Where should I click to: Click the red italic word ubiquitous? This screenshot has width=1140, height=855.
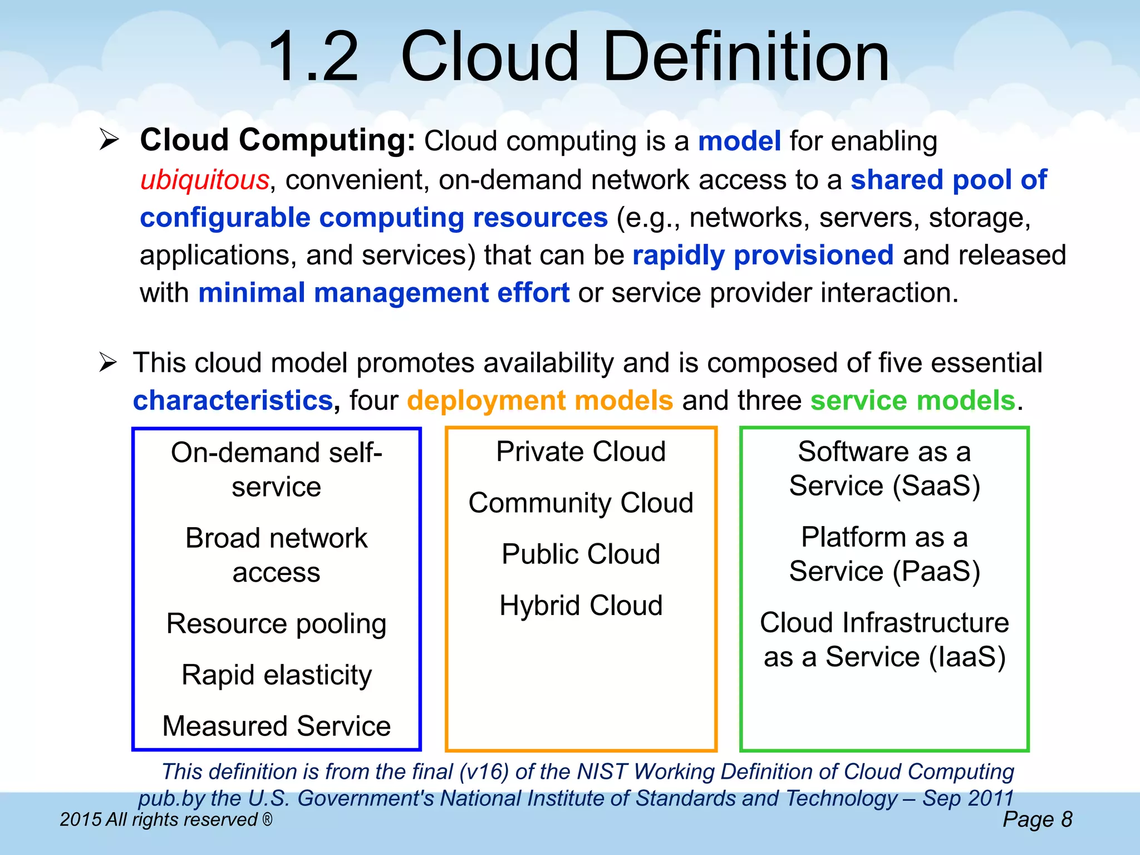coord(205,180)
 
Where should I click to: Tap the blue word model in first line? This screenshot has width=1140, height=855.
coord(739,141)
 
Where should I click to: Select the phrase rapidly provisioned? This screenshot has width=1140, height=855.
coord(763,255)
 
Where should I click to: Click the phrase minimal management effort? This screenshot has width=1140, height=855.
coord(384,293)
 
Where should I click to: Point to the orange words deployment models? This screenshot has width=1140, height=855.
coord(540,401)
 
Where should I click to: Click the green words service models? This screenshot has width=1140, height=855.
coord(913,401)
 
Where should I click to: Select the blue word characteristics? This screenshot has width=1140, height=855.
coord(233,401)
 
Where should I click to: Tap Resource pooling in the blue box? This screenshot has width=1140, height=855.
coord(276,623)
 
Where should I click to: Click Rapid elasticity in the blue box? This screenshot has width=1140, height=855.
coord(277,675)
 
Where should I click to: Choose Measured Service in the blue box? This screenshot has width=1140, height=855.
coord(277,726)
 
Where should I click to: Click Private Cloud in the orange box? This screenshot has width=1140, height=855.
coord(581,451)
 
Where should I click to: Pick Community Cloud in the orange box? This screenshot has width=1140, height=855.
coord(581,503)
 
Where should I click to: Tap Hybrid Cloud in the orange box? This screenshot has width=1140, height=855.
coord(581,606)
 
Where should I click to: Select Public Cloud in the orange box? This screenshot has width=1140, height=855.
coord(581,554)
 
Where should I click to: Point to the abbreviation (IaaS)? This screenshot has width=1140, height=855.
coord(967,657)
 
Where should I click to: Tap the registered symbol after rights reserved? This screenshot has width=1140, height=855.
coord(267,819)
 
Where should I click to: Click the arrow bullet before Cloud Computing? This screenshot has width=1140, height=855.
coord(109,140)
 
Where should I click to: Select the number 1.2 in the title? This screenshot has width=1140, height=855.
coord(313,57)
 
